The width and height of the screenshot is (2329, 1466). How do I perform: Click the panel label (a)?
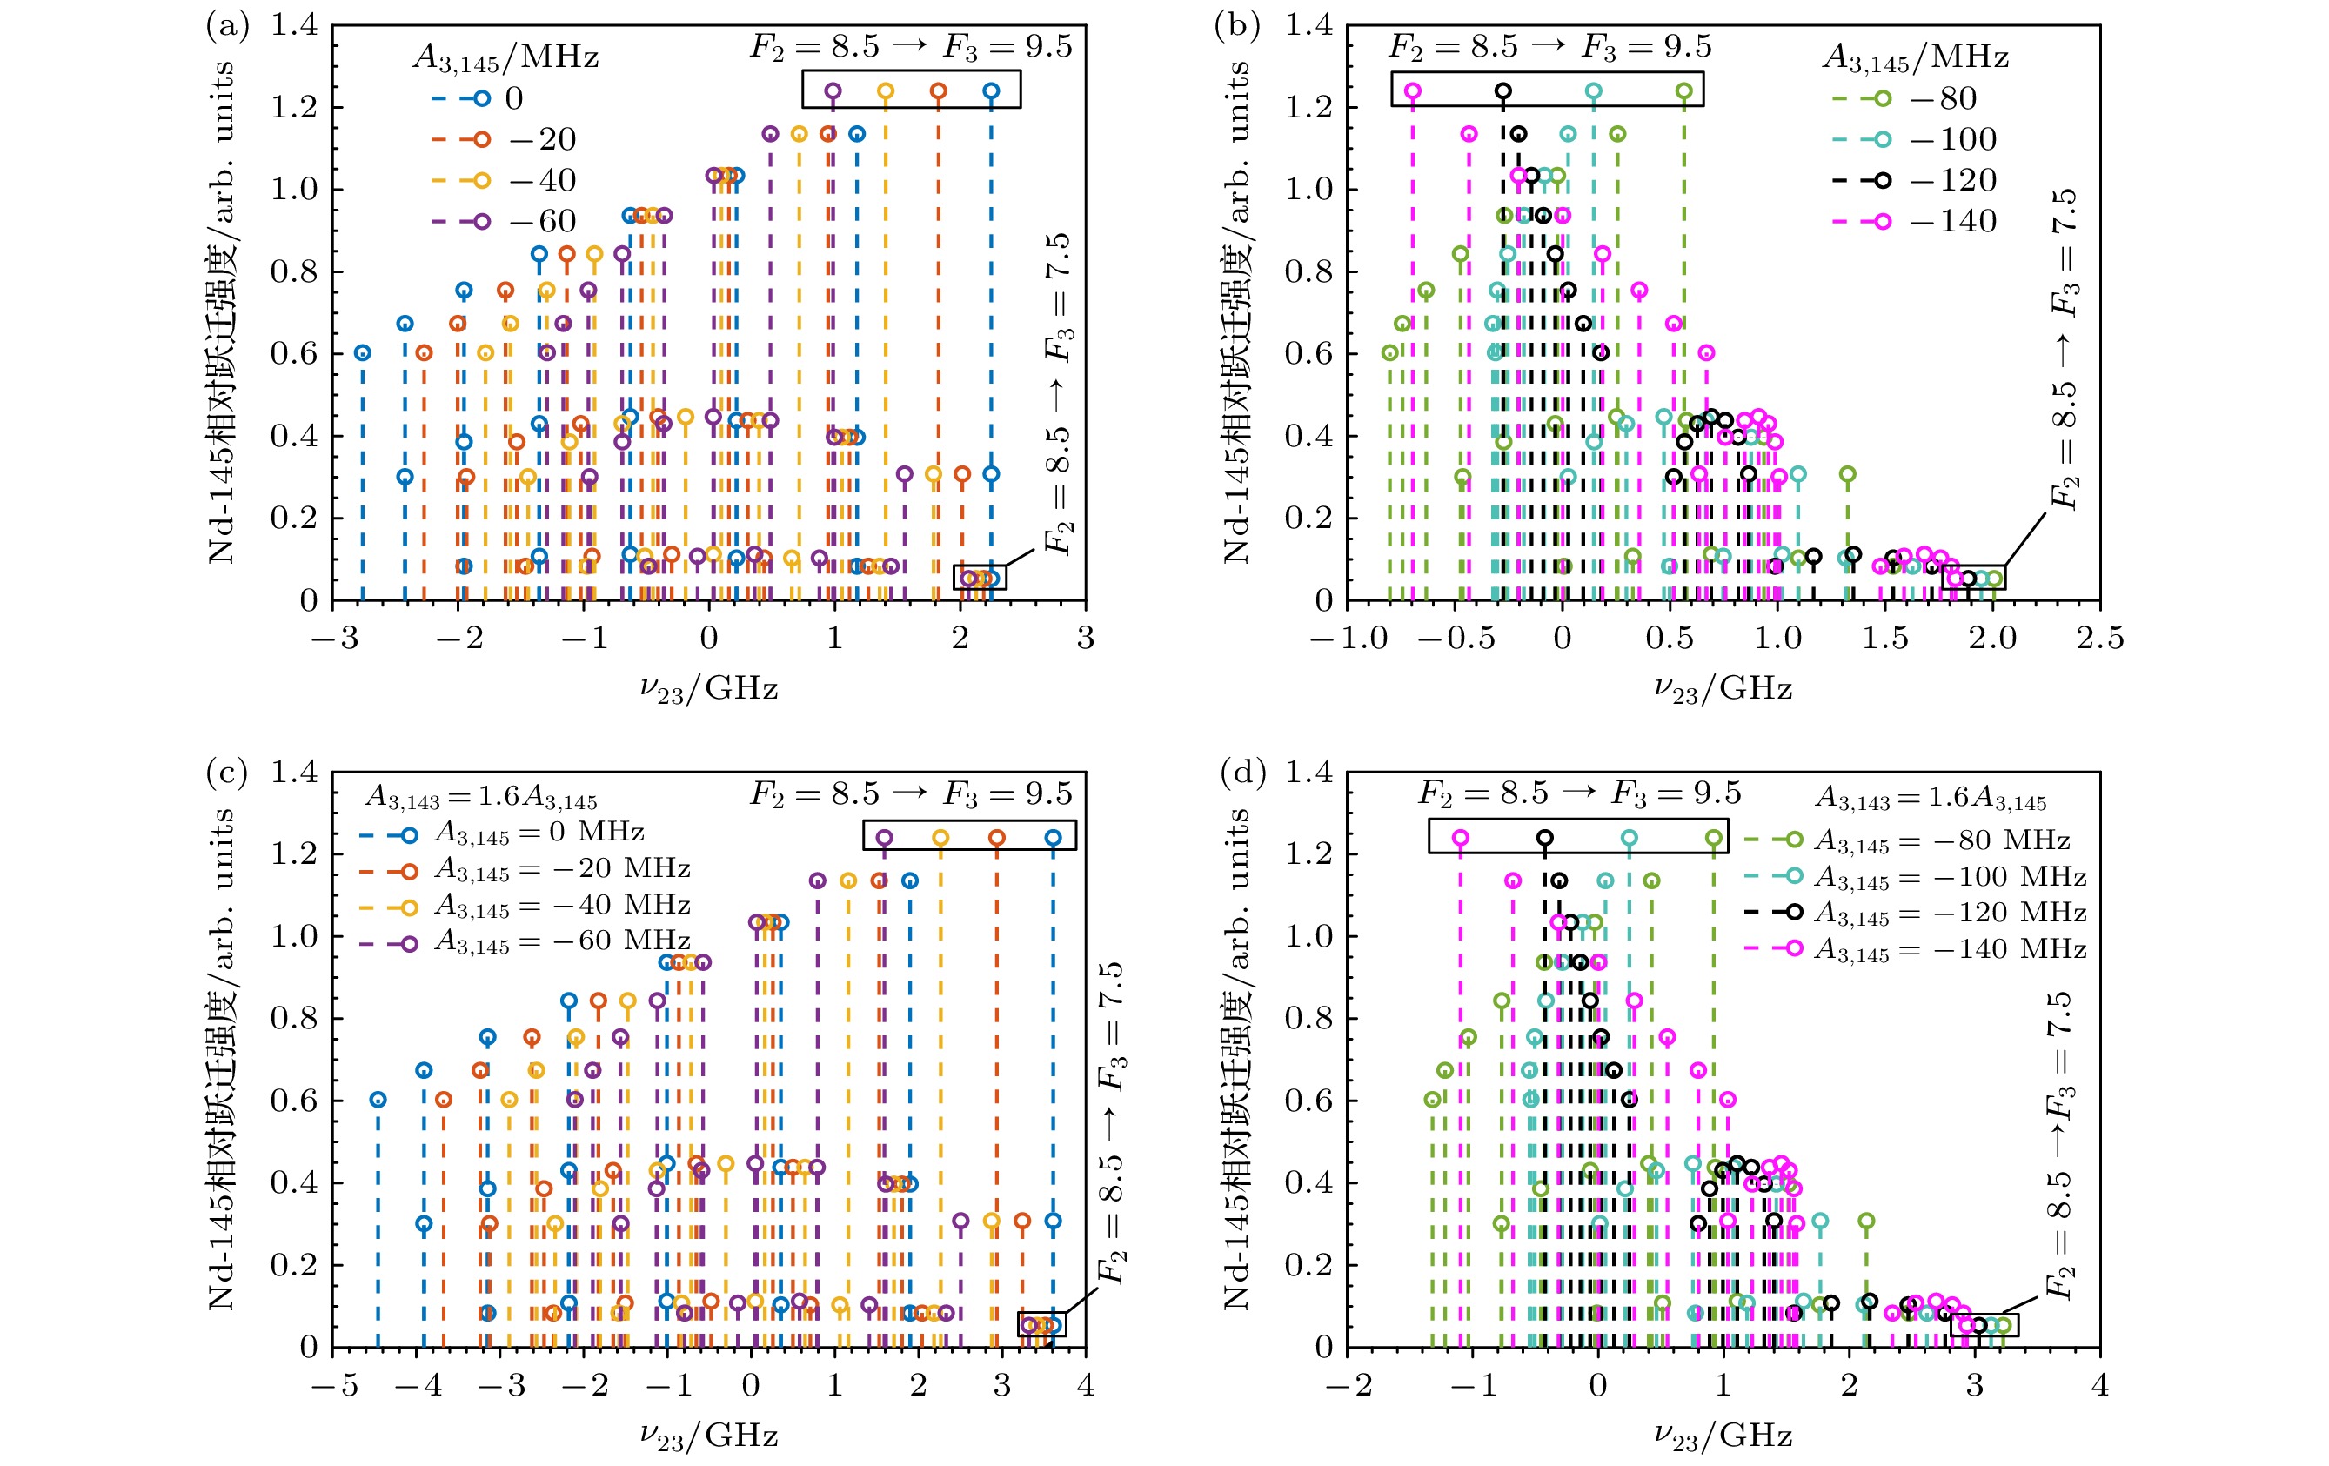click(227, 26)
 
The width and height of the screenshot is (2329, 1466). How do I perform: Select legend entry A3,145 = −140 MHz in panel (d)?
click(1950, 949)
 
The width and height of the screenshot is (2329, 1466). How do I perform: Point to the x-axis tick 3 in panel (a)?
click(1085, 639)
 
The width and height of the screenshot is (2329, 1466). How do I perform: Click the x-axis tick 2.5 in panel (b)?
click(2098, 639)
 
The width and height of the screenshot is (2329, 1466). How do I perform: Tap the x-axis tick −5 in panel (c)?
click(335, 1386)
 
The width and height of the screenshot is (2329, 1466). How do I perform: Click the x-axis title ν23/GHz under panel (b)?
click(1723, 689)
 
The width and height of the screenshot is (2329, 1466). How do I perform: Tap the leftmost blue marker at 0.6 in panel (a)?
click(362, 353)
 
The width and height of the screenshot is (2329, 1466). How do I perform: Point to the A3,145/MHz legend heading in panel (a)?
click(505, 58)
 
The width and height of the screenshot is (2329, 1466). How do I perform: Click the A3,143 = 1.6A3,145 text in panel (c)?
click(481, 798)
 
